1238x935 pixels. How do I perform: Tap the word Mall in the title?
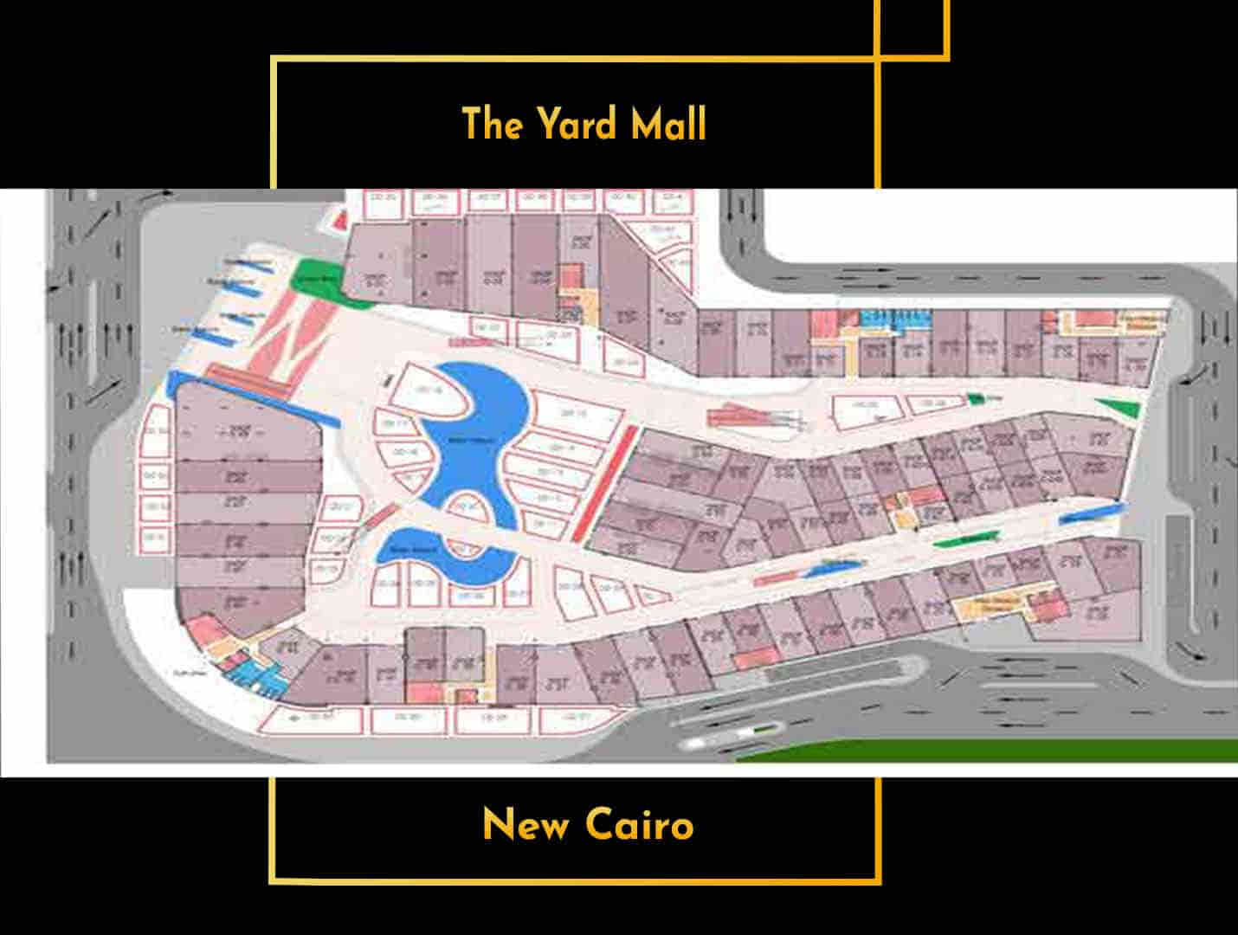[667, 124]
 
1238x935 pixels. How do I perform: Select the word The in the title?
[493, 124]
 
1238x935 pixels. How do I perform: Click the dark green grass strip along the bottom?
[996, 750]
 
